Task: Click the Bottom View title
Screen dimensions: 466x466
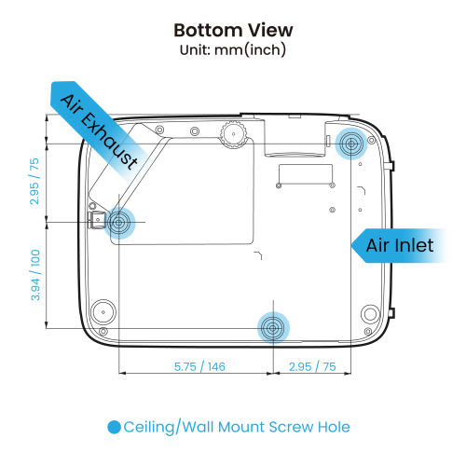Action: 233,30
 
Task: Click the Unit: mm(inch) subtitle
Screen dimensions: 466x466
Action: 233,49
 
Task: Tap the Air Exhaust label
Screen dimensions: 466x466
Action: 99,131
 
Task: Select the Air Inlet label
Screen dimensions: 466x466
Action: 400,245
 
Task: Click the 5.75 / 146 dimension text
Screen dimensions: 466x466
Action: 199,366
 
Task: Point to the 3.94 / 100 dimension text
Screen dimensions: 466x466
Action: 35,275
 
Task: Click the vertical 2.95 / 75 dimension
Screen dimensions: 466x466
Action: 34,182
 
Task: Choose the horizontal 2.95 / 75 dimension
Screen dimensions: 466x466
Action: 312,366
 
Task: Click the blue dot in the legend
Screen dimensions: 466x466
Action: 114,427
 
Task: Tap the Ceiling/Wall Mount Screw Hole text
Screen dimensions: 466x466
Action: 237,427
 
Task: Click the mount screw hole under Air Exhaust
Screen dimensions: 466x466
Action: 119,222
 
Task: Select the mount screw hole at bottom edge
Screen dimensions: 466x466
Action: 273,328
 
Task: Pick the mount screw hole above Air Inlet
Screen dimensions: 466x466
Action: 351,144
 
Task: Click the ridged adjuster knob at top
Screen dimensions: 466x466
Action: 233,134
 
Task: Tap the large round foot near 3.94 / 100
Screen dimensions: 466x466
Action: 103,311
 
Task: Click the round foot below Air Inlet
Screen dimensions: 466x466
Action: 370,314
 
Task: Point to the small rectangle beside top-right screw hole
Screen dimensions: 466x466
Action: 329,141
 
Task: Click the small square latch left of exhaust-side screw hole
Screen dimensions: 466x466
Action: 97,220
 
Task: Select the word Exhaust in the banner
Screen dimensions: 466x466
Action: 109,142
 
